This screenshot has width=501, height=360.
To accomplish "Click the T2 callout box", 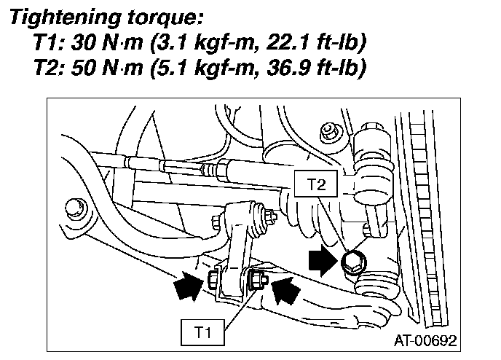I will point(315,186).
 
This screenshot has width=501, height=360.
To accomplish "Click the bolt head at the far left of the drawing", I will point(74,208).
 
